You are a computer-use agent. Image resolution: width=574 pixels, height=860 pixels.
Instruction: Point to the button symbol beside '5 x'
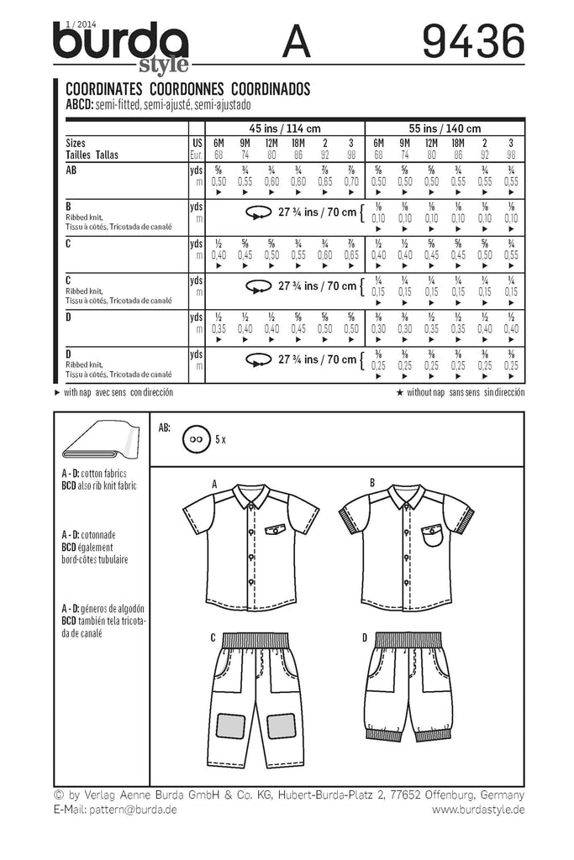[198, 439]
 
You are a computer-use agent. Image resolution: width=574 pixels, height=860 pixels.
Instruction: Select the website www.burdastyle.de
[478, 810]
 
